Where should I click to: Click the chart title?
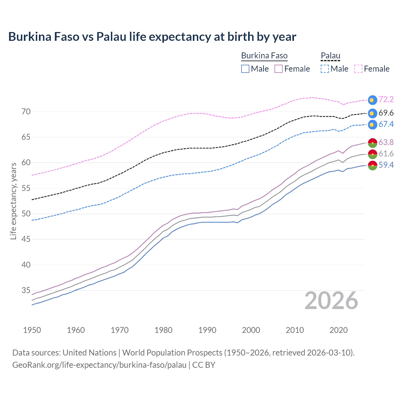click(x=152, y=37)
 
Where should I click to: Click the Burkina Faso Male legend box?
click(x=245, y=69)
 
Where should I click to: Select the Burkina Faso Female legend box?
click(x=279, y=69)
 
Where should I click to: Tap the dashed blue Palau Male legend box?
click(x=325, y=69)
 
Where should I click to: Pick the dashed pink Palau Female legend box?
click(x=358, y=69)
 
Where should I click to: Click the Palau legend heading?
click(x=330, y=56)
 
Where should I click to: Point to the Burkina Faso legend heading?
click(x=264, y=56)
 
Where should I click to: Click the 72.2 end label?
click(x=386, y=100)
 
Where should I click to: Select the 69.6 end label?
click(x=386, y=113)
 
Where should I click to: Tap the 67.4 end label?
click(x=386, y=124)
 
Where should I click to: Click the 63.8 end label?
click(x=386, y=143)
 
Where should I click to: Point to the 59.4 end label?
click(x=386, y=165)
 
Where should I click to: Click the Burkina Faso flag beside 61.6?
click(x=372, y=154)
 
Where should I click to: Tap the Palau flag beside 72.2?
click(x=372, y=100)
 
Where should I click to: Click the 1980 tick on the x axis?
click(x=163, y=330)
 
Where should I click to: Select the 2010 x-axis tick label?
click(x=295, y=330)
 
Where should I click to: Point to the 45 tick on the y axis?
click(x=26, y=239)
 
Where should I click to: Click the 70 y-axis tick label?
click(x=26, y=112)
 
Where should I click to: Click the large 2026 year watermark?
click(x=331, y=301)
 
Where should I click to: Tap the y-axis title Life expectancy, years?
click(x=14, y=201)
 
